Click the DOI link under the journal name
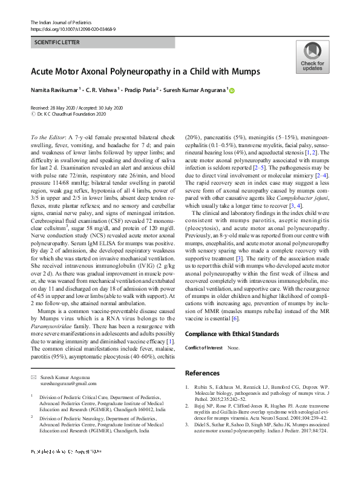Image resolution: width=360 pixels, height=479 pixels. (73, 28)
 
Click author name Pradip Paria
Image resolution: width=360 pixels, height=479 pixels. (139, 90)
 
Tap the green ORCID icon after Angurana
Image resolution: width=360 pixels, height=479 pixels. (231, 90)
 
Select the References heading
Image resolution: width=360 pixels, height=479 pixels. (202, 373)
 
